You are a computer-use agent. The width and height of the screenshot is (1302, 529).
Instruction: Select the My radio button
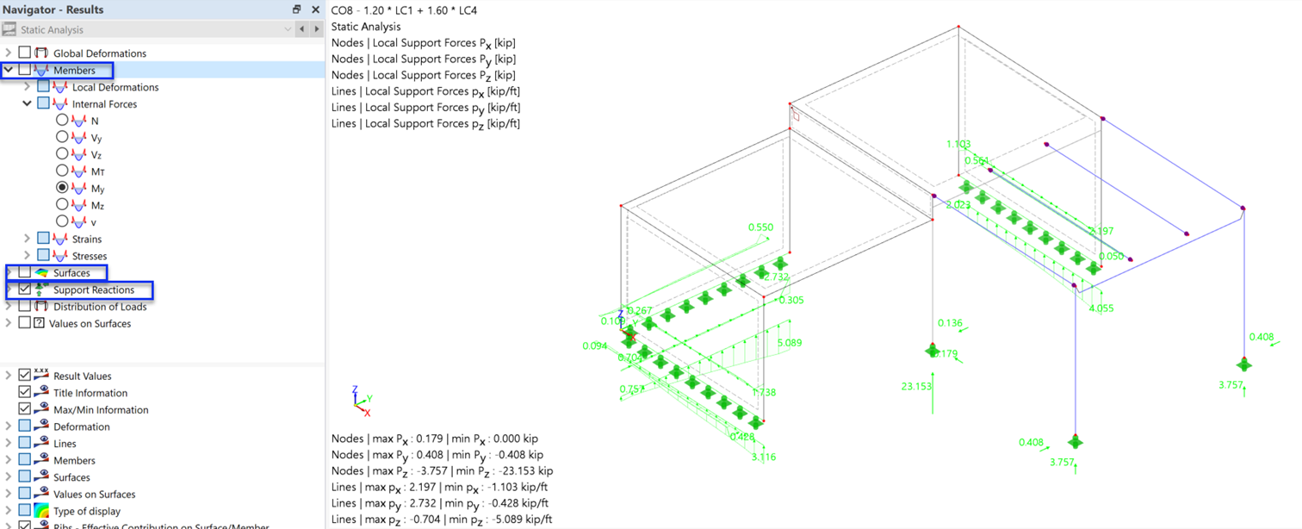62,188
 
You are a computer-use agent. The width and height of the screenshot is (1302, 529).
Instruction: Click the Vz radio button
62,154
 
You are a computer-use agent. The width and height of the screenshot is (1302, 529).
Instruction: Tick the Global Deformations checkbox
25,53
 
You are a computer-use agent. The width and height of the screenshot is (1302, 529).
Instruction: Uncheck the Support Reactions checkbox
25,289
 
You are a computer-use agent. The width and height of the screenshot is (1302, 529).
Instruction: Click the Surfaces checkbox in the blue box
25,272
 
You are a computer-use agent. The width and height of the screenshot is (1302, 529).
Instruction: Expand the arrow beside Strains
28,239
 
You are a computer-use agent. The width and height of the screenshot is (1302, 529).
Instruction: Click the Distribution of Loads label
100,307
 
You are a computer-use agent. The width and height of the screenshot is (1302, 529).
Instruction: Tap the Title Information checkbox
25,393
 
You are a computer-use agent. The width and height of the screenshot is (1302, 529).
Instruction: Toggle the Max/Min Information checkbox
25,409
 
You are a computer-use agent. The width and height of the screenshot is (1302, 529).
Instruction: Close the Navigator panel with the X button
315,9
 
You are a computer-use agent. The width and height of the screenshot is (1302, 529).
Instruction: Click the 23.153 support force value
916,387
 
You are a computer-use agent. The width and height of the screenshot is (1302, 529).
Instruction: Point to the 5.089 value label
789,343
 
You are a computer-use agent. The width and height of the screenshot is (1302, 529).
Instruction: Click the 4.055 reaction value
1101,308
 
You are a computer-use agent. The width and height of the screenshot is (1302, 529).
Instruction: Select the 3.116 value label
763,457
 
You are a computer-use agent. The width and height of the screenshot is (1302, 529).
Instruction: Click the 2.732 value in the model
777,277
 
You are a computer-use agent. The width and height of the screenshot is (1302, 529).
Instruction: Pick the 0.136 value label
950,323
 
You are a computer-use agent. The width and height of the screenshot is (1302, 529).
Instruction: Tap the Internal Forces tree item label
104,104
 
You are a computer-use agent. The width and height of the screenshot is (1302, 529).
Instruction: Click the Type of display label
87,511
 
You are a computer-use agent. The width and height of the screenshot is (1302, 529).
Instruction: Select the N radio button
62,121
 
